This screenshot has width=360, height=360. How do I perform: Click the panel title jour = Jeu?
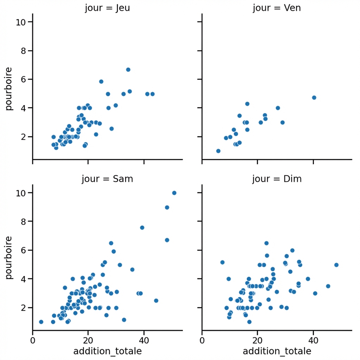tap(107, 8)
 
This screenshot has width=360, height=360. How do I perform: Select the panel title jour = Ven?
tap(277, 8)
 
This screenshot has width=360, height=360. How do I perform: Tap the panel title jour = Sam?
tap(107, 179)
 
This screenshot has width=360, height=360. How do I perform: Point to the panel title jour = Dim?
tap(277, 179)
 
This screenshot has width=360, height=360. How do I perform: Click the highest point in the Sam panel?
tap(174, 193)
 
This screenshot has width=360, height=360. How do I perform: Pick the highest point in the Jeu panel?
tap(128, 70)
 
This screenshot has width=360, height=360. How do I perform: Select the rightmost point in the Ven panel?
tap(314, 97)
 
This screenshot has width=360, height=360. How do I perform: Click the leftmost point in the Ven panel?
tap(218, 151)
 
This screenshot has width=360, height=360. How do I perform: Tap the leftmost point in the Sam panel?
tap(41, 322)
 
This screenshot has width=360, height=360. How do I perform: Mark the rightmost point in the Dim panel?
tap(336, 265)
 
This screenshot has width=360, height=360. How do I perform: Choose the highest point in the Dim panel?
tap(266, 243)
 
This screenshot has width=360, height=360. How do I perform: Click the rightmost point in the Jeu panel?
tap(152, 94)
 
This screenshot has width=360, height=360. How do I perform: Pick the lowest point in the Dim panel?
tap(249, 322)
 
